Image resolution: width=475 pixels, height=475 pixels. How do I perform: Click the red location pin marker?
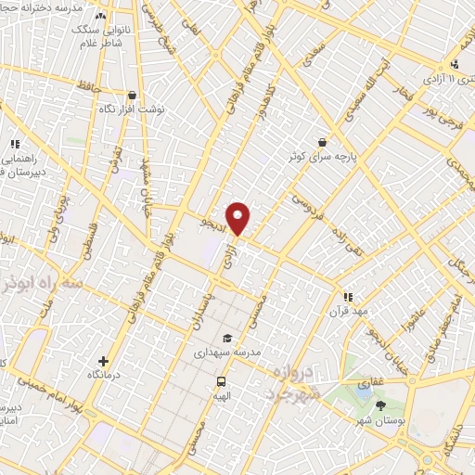coord(238,218)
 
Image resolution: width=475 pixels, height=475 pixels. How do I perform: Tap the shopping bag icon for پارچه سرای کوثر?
coord(321,142)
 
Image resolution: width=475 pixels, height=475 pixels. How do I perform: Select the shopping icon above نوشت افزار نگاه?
coord(133,95)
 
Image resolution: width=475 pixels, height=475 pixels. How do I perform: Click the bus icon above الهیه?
coord(221,382)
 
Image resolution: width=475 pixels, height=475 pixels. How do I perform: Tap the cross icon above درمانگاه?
coord(103,360)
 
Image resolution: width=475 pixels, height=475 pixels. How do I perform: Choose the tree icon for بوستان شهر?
coord(379,404)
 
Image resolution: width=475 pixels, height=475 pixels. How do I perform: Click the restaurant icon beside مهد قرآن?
coord(347,297)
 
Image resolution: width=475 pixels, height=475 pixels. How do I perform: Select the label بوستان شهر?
coord(383,423)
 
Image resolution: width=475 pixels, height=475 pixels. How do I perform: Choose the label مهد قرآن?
coord(347,312)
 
